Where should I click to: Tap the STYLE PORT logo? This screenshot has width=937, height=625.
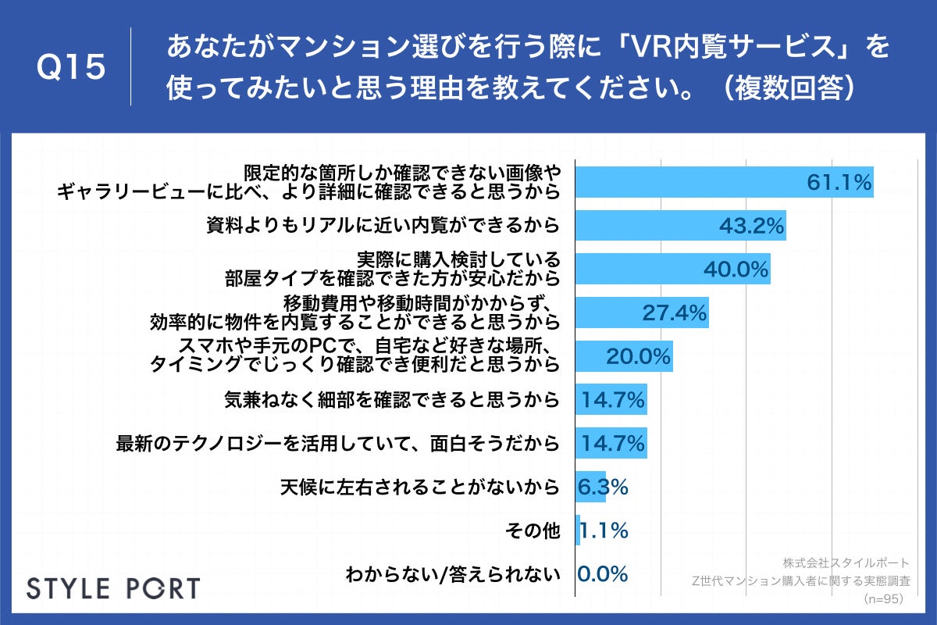[113, 587]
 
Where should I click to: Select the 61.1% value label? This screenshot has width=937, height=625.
[838, 183]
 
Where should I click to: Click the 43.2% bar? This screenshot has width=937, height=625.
[679, 227]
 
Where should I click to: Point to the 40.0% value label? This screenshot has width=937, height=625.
[736, 270]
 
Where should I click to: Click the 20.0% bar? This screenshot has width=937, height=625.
[623, 356]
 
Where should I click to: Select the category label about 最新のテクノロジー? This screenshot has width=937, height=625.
[337, 444]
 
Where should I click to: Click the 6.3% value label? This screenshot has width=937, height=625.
[602, 487]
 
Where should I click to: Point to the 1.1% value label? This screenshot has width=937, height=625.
[604, 531]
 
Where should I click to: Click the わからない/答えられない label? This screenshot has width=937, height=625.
[453, 575]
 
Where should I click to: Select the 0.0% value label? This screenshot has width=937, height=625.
[602, 575]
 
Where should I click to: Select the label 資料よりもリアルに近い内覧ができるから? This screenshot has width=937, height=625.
[383, 227]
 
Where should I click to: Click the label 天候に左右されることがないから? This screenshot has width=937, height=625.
[419, 487]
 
